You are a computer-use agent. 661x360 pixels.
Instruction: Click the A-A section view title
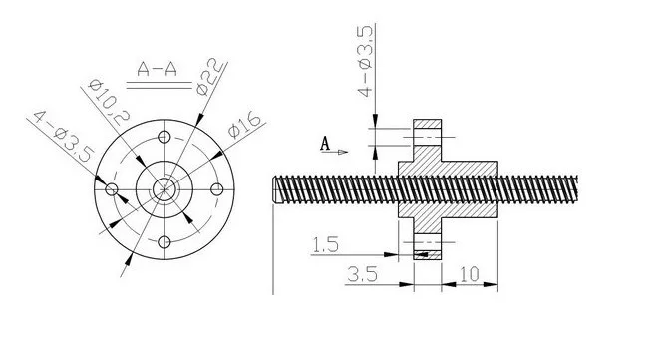click(x=157, y=69)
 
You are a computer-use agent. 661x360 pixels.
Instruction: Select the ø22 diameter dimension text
click(x=209, y=77)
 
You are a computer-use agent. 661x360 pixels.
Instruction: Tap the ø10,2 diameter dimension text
click(x=109, y=102)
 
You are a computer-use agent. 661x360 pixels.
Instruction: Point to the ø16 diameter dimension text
click(x=245, y=126)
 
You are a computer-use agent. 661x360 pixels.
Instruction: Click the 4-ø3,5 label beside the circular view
click(x=63, y=137)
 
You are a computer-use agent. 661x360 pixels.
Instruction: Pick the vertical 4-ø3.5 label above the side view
click(x=365, y=61)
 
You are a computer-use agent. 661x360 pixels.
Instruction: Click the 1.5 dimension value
click(x=325, y=245)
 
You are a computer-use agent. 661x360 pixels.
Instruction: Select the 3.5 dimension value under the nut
click(x=362, y=275)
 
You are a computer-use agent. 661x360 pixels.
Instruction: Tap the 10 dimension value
click(x=469, y=275)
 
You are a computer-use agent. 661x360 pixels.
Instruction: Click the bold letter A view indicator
click(x=325, y=144)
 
